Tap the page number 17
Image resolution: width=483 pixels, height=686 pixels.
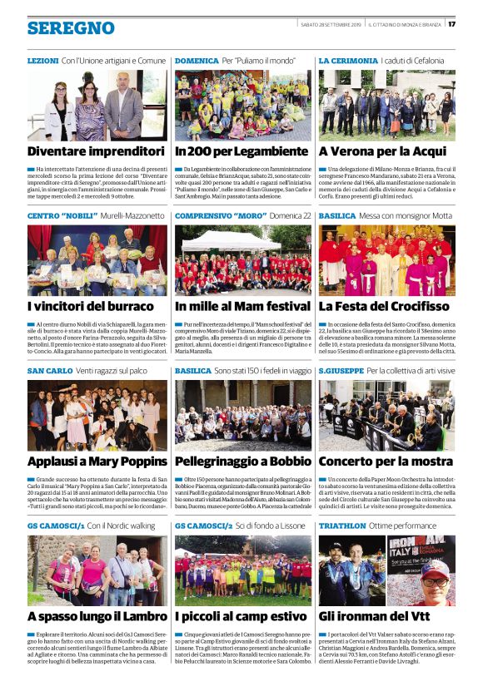pos(452,23)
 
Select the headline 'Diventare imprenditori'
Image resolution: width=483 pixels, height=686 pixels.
pos(96,152)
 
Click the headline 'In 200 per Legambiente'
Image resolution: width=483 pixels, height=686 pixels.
pos(242,152)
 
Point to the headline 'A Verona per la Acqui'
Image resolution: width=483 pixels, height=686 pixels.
pos(382,152)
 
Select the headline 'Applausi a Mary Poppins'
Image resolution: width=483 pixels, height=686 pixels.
pos(97,461)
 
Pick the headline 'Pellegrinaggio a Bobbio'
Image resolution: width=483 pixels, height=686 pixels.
pos(242,461)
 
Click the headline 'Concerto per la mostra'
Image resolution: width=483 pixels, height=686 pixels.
pos(385,461)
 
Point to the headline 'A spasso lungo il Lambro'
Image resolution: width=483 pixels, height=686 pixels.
pos(97,616)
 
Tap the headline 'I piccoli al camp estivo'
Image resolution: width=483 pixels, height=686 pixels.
pos(241,616)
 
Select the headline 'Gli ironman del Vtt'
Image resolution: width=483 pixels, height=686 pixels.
pos(375,616)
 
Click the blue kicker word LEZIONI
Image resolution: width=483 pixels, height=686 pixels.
pos(42,62)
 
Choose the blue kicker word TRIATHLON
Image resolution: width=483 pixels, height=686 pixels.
pos(342,526)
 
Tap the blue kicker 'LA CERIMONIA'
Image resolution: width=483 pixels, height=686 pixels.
pos(347,62)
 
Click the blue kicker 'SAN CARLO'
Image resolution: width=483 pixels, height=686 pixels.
pos(50,371)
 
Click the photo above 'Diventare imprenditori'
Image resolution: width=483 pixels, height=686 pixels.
pos(97,105)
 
